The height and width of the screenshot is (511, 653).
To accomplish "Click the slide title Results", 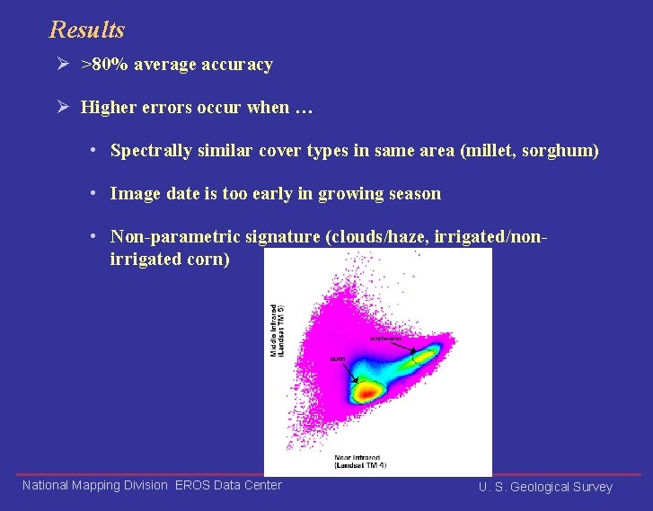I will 87,30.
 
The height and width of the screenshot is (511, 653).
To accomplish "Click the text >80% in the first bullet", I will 101,65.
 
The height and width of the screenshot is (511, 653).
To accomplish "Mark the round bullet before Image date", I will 93,193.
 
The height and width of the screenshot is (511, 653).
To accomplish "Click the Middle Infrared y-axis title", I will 277,330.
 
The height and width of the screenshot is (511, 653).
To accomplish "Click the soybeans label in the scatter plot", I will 386,339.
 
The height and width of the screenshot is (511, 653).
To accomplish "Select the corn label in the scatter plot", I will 338,358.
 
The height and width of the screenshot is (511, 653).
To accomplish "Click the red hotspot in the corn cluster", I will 366,392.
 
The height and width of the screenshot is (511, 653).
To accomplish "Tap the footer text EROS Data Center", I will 228,485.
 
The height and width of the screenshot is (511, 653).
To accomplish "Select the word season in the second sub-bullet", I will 414,193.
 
